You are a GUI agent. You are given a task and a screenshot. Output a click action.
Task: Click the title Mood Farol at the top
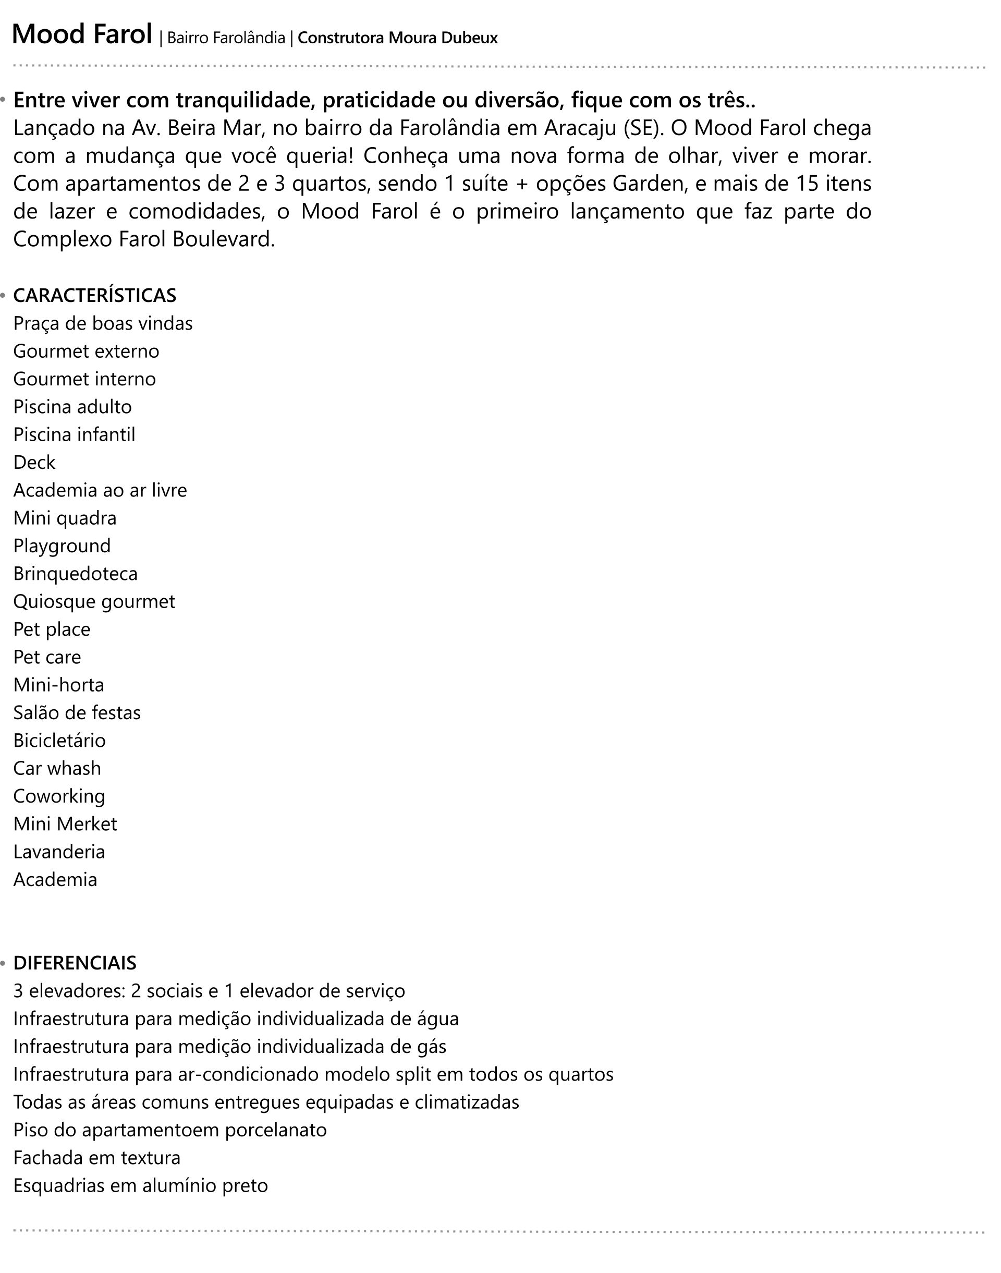82,34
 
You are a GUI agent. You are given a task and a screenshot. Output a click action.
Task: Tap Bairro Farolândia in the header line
226,38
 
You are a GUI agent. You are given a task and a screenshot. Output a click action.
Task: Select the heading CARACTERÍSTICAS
94,295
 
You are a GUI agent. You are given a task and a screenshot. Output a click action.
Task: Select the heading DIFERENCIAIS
75,963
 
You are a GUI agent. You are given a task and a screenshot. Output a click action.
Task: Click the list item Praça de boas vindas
103,323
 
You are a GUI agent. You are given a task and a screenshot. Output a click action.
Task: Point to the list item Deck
34,463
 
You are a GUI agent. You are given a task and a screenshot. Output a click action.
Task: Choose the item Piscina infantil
74,435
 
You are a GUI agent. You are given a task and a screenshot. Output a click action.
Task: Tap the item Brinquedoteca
75,574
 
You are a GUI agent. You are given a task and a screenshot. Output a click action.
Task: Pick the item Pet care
47,657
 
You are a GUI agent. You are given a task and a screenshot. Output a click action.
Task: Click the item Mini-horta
58,685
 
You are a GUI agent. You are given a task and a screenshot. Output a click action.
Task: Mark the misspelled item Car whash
57,768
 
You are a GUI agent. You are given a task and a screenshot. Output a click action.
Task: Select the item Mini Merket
65,824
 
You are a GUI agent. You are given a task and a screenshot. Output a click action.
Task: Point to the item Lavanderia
59,852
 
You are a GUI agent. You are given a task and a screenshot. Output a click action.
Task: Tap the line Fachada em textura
96,1158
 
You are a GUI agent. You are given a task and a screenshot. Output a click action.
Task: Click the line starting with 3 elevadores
209,990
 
